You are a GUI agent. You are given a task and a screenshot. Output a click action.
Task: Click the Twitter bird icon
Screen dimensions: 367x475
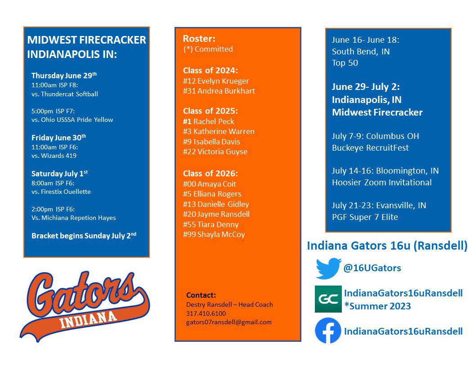tap(328, 269)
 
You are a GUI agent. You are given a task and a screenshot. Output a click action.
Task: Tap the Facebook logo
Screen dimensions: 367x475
tap(328, 331)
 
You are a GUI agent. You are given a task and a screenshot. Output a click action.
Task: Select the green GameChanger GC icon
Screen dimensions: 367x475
tap(328, 299)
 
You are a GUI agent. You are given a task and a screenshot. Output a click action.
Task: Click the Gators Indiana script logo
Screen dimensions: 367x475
tap(85, 304)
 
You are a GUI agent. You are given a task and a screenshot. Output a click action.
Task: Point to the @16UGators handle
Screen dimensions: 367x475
tap(372, 269)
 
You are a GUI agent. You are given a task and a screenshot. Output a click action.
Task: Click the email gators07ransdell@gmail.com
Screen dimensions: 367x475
tap(229, 322)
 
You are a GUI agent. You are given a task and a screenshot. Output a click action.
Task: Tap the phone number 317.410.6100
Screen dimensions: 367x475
tap(206, 313)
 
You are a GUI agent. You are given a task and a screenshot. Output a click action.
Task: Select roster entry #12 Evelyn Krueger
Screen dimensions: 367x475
tap(216, 81)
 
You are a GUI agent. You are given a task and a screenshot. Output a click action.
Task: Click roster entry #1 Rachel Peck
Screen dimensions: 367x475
tap(209, 121)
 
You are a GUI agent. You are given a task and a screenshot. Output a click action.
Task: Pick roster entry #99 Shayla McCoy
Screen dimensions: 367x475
tap(214, 234)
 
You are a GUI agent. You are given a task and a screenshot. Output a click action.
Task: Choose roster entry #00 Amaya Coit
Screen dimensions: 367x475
tap(210, 184)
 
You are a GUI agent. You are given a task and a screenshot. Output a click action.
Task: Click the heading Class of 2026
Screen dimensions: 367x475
tap(210, 173)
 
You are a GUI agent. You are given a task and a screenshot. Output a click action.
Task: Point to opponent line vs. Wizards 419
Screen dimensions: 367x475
tap(54, 156)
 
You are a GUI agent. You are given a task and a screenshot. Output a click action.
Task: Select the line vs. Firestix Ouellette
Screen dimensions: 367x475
tap(61, 192)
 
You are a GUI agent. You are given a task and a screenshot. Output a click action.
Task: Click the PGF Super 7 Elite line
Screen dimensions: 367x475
tap(365, 217)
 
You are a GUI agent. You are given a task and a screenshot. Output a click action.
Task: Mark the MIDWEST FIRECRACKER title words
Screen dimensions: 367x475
tap(87, 40)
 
